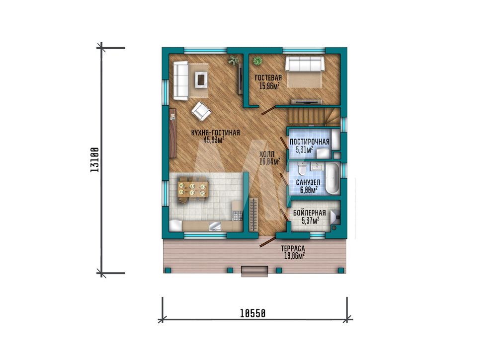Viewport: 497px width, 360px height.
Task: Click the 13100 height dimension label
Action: (x=95, y=159)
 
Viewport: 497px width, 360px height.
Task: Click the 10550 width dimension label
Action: (x=252, y=313)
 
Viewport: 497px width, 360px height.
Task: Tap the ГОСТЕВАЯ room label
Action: (x=268, y=77)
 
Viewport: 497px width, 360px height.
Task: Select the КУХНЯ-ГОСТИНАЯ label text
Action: (x=215, y=133)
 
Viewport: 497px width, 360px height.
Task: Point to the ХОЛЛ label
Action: (x=267, y=154)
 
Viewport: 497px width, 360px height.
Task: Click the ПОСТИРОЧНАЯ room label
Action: (x=309, y=142)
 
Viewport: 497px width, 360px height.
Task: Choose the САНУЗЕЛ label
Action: (x=308, y=183)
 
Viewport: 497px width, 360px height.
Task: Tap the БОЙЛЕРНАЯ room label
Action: (x=309, y=213)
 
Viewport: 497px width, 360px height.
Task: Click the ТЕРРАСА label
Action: (x=293, y=249)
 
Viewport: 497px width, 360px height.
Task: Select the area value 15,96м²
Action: (x=269, y=86)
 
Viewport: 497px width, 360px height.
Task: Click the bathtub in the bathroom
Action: (x=332, y=178)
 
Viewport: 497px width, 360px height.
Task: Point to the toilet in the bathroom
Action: (x=302, y=169)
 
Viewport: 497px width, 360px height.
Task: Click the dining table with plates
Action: (x=193, y=189)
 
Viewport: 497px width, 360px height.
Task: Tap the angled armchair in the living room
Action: (x=201, y=111)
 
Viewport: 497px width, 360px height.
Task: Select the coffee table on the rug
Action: (x=201, y=79)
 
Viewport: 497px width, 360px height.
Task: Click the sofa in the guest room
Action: (x=305, y=64)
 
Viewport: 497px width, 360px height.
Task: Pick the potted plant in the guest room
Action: (x=257, y=61)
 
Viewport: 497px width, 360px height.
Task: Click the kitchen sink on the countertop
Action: (x=216, y=226)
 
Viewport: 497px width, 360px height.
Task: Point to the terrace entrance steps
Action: (x=254, y=271)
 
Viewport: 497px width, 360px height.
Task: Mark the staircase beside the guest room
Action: (x=314, y=116)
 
